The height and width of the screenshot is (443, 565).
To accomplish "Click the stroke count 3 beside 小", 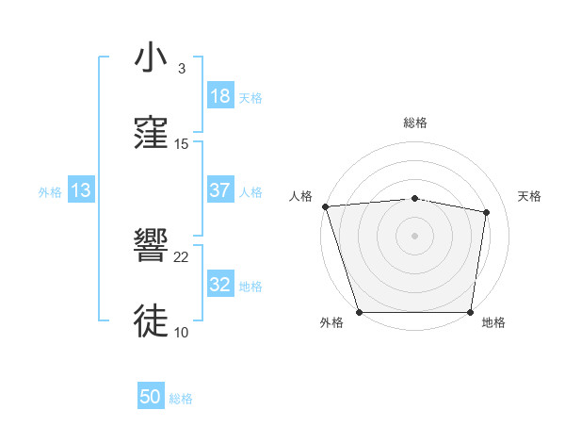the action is (x=182, y=69).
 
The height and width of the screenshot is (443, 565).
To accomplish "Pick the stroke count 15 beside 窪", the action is (x=182, y=143).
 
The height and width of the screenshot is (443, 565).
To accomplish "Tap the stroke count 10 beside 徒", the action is (x=182, y=332).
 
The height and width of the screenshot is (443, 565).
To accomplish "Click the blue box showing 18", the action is (x=220, y=96).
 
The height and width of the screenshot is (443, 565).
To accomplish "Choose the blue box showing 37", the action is (x=220, y=190).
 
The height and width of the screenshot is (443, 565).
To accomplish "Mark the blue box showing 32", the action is (x=220, y=285).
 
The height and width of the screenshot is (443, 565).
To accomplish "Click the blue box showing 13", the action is (x=81, y=190).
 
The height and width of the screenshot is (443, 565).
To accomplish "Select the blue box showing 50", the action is (x=151, y=398).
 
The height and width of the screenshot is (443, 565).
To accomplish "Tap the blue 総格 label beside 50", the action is (x=181, y=399).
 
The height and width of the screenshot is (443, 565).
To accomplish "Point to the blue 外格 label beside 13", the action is (x=50, y=191).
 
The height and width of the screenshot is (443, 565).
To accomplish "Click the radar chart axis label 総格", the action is (x=415, y=123).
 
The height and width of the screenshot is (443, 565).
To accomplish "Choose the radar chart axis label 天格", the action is (x=530, y=196).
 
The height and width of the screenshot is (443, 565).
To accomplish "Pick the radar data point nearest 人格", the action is (x=325, y=206).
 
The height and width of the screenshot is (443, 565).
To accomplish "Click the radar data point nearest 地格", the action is (x=470, y=312).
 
